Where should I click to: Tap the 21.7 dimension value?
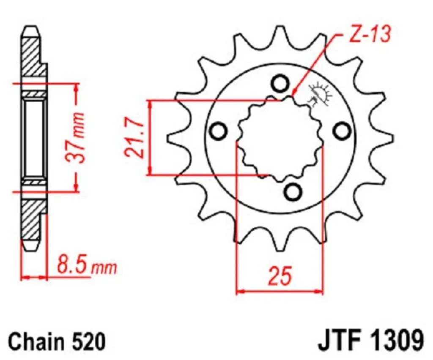pyautogui.click(x=133, y=138)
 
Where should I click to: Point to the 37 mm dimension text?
pyautogui.click(x=77, y=137)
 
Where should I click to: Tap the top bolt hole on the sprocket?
pyautogui.click(x=279, y=84)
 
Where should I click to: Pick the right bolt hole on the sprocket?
pyautogui.click(x=340, y=131)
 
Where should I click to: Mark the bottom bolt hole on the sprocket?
pyautogui.click(x=292, y=192)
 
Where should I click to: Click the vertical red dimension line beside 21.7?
pyautogui.click(x=149, y=138)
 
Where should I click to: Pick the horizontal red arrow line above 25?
pyautogui.click(x=279, y=291)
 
